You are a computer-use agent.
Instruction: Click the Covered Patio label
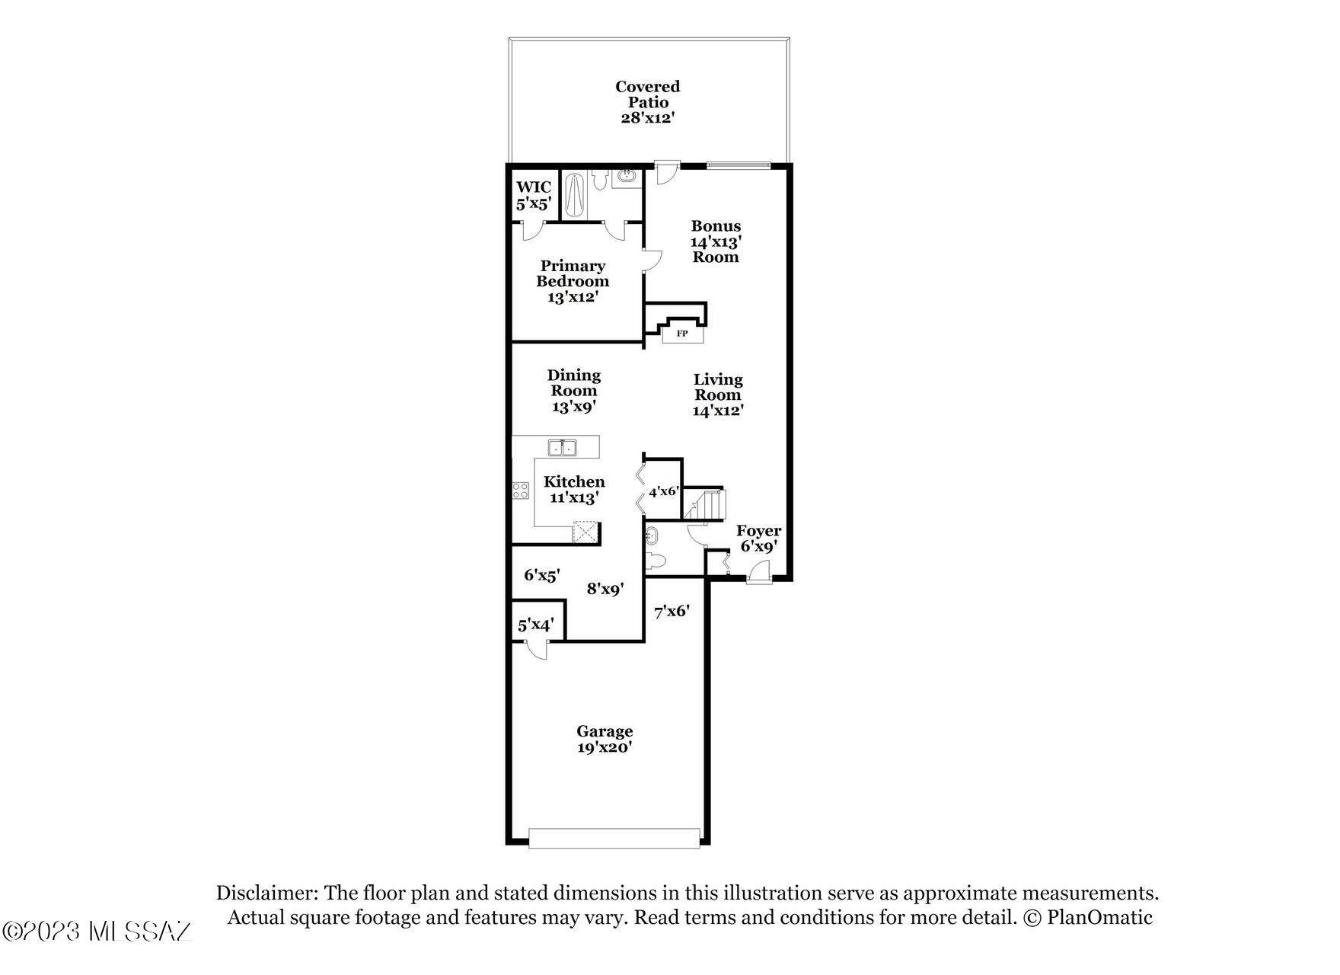tap(647, 102)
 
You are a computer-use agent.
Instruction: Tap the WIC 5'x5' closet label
tap(534, 196)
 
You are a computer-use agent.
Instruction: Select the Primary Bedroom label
tap(573, 281)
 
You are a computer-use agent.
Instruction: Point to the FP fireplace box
tap(682, 334)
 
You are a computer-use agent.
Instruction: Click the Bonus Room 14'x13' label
tap(716, 241)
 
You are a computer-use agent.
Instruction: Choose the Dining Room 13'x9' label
tap(574, 391)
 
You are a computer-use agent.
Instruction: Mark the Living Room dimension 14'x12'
tap(718, 411)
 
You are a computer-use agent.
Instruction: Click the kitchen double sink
tap(563, 447)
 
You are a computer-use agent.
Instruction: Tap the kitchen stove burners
tap(521, 491)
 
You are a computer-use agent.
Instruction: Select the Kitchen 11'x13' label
tap(574, 490)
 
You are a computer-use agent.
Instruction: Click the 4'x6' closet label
tap(663, 492)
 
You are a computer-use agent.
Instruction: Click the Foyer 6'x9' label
tap(758, 539)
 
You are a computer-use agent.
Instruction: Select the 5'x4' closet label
tap(535, 625)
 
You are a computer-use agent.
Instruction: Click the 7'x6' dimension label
tap(672, 611)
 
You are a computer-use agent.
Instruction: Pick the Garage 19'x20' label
tap(605, 740)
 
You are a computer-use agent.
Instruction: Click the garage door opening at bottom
tap(614, 839)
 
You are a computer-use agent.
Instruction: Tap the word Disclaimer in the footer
tap(266, 893)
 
